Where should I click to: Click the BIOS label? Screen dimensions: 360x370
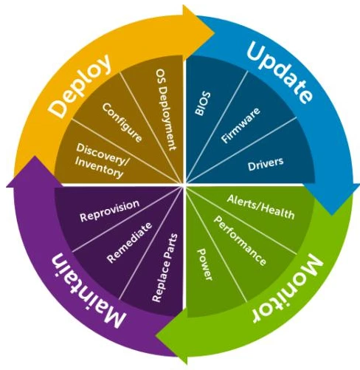[x=203, y=103]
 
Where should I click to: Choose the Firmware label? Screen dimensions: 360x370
[x=240, y=125]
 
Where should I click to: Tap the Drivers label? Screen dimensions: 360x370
[x=266, y=164]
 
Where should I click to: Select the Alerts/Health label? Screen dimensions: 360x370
[x=260, y=207]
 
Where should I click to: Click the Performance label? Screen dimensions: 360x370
[x=240, y=241]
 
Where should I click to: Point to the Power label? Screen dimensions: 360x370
[x=205, y=264]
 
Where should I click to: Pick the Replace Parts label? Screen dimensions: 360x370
[x=165, y=267]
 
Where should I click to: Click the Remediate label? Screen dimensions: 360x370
[x=129, y=242]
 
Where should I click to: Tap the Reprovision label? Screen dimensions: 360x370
[x=110, y=210]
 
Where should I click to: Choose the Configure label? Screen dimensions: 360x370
[x=122, y=123]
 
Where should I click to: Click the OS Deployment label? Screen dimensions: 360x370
[x=167, y=109]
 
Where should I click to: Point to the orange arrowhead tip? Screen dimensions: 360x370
[x=215, y=32]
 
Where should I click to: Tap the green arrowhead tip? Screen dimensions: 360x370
[x=156, y=335]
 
